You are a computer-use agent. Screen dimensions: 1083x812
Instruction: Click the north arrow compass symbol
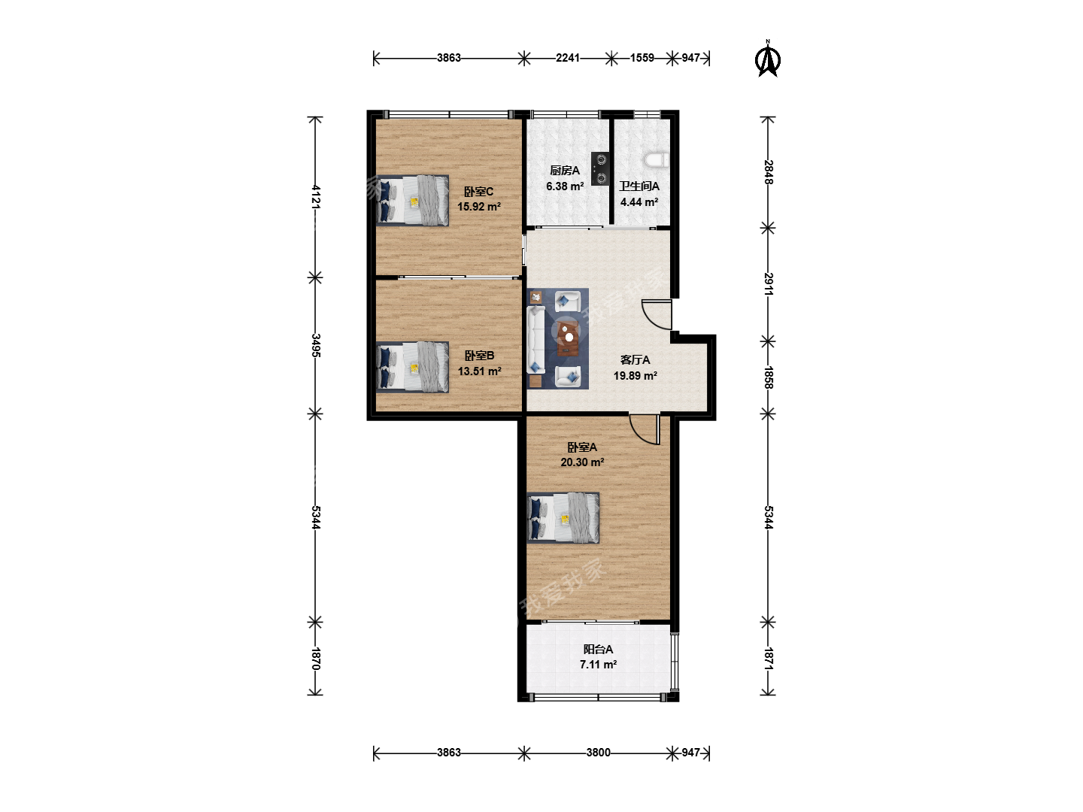pos(767,59)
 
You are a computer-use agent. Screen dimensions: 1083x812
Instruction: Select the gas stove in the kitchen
pos(600,168)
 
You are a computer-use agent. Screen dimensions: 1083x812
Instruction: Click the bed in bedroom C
pos(412,201)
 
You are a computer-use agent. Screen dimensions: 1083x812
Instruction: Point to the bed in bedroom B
pos(412,368)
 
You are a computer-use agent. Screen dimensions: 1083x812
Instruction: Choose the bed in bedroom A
pos(563,518)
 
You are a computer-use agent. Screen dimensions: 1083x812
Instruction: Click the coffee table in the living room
pos(569,338)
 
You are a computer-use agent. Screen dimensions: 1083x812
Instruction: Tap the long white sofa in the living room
pos(536,340)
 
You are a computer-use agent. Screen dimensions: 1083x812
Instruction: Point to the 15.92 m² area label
pos(479,207)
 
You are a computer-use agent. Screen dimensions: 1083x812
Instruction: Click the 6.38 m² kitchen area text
pos(565,186)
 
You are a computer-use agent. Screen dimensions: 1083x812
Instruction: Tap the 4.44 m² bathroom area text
pos(639,202)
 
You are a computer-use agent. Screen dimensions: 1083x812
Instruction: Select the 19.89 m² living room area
pos(635,376)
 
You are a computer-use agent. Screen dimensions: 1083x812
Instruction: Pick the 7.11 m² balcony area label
pos(598,665)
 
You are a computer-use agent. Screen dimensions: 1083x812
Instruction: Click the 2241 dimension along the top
pos(568,58)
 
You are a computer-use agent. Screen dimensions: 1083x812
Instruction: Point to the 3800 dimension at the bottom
pos(599,753)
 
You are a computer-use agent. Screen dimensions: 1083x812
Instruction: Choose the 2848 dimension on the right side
pos(768,172)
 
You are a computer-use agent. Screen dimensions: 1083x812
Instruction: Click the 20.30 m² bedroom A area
pos(582,462)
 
